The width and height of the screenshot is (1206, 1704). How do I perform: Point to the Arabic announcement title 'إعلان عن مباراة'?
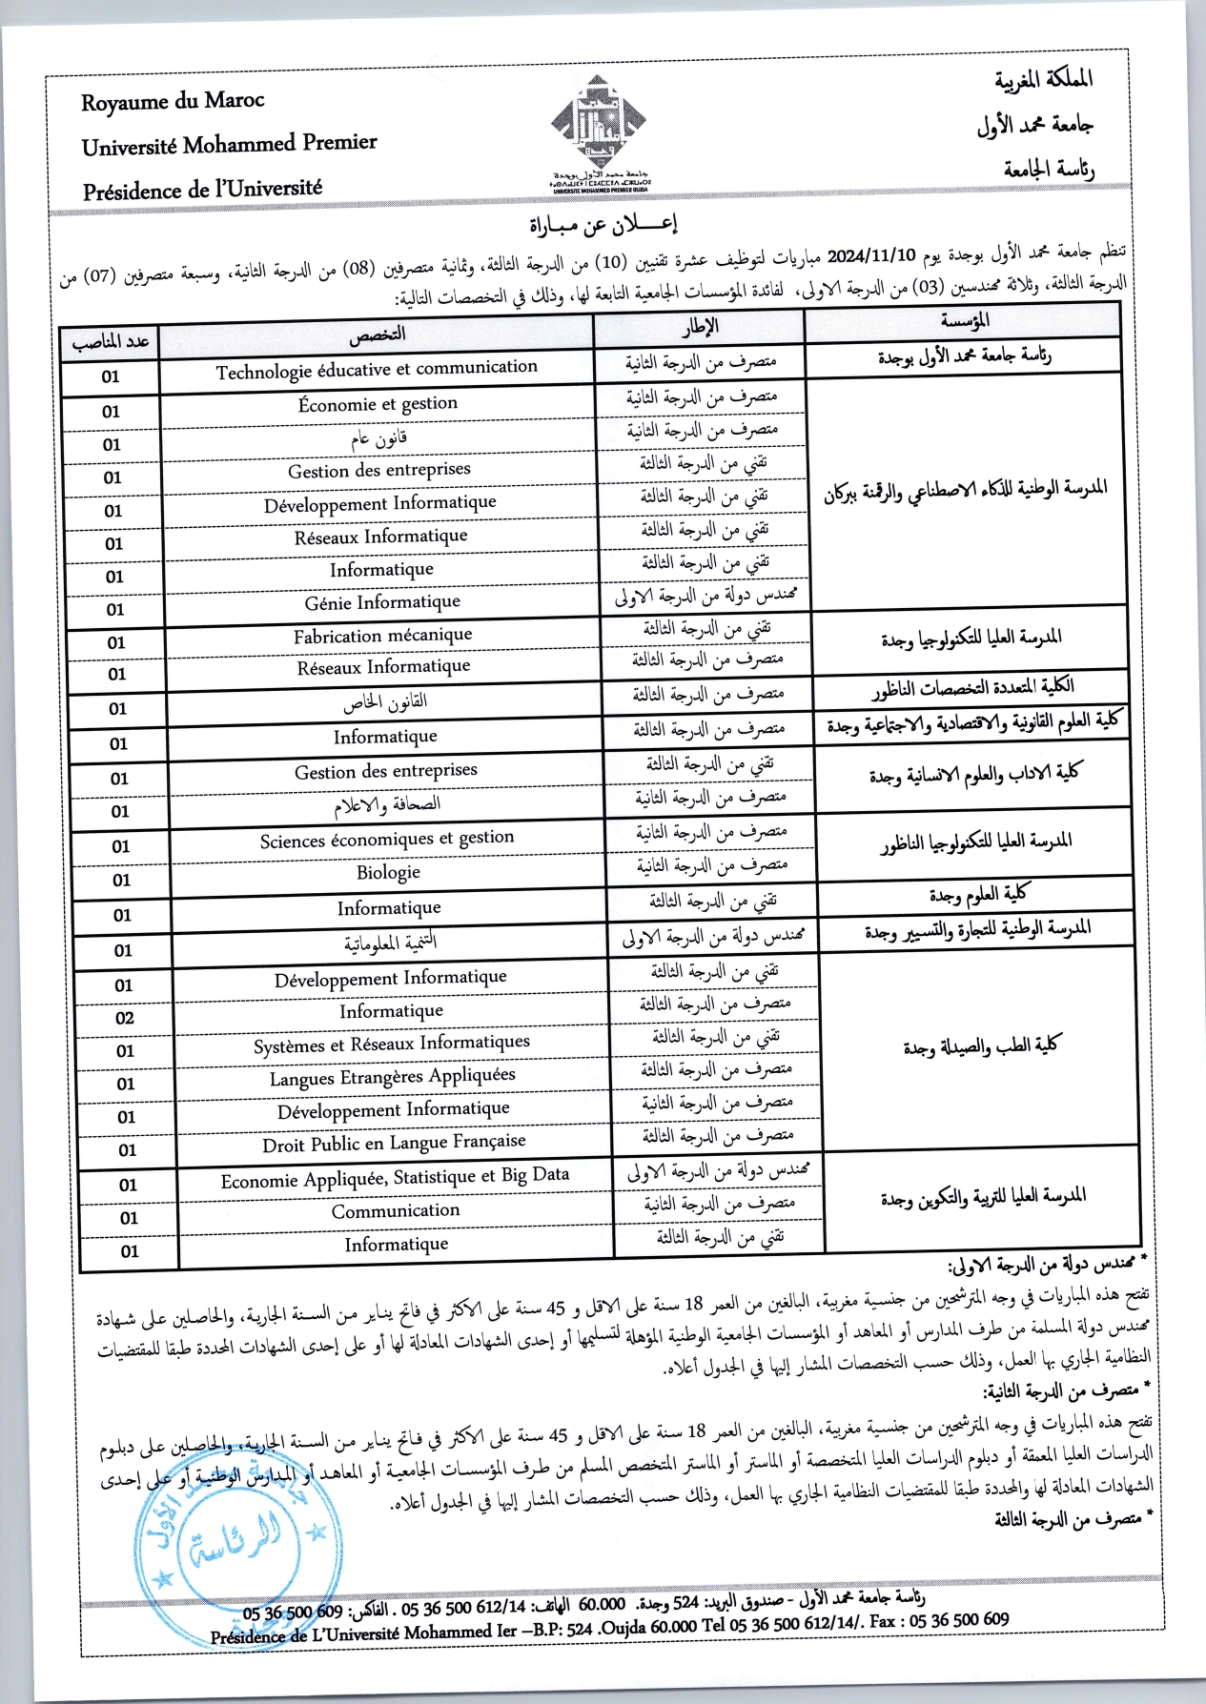click(x=603, y=225)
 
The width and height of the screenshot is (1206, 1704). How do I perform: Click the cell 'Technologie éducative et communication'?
click(x=377, y=370)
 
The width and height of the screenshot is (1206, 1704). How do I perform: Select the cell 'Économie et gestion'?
click(x=378, y=404)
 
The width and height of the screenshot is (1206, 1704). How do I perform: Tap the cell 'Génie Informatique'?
click(x=382, y=602)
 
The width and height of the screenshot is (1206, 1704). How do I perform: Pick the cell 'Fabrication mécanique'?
click(x=382, y=636)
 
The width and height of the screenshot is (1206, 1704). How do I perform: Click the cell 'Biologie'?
click(x=388, y=872)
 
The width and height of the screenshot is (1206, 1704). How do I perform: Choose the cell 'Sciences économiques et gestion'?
click(x=387, y=840)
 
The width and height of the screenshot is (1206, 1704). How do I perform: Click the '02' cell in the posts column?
click(x=125, y=1018)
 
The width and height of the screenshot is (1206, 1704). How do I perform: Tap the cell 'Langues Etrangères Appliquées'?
click(x=392, y=1078)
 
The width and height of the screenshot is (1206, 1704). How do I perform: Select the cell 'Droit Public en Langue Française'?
click(x=394, y=1143)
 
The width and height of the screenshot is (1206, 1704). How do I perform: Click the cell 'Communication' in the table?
click(x=396, y=1210)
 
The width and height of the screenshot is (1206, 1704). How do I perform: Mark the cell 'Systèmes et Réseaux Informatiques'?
click(x=391, y=1045)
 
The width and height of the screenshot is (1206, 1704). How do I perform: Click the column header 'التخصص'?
click(x=377, y=335)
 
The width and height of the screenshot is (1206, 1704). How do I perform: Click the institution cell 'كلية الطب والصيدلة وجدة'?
click(x=981, y=1046)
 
